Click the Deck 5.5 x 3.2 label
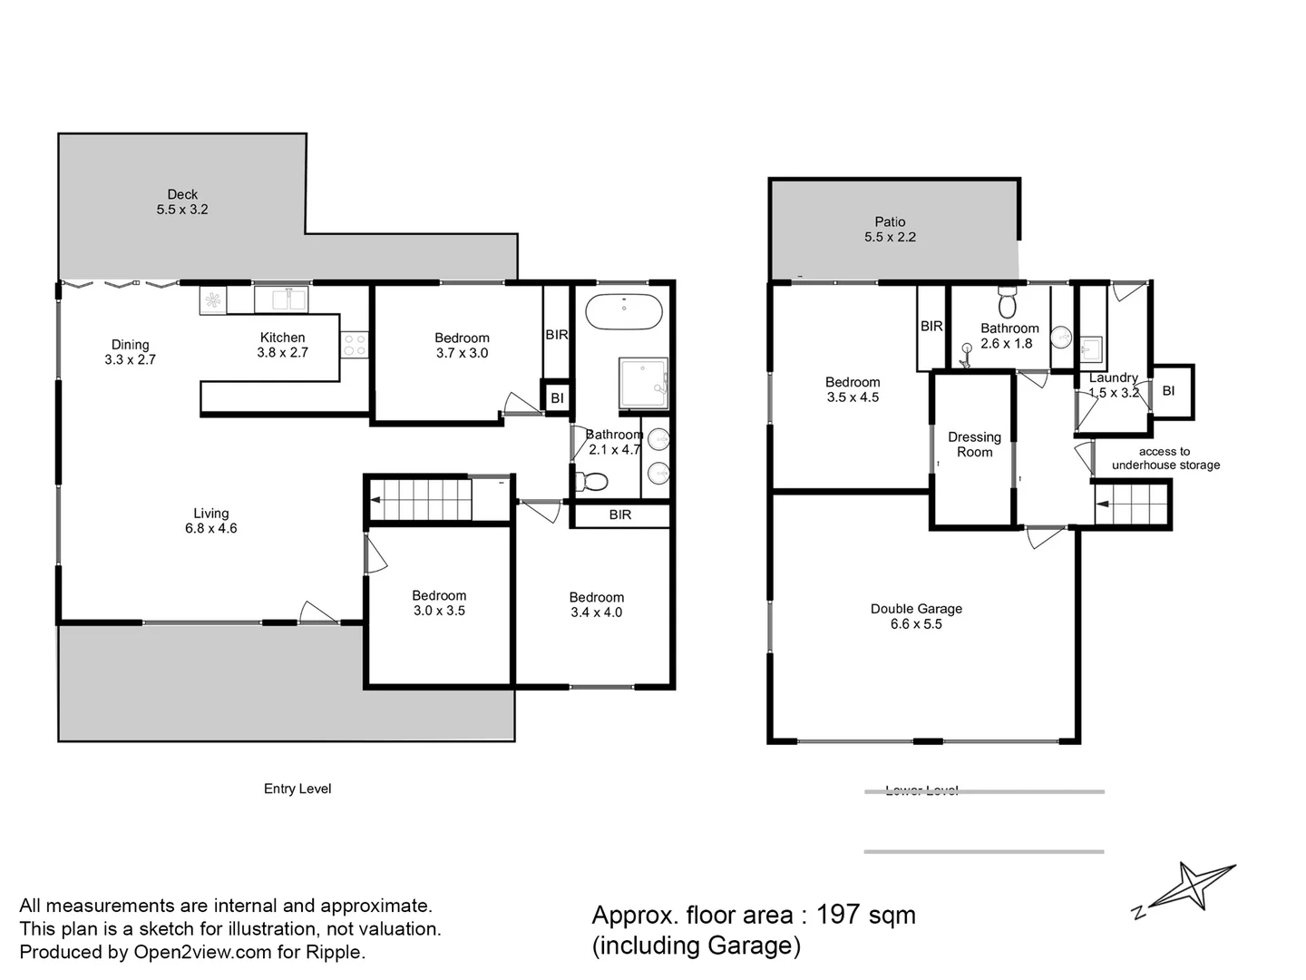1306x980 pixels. coord(182,201)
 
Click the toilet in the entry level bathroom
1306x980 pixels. coord(590,481)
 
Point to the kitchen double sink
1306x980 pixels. coord(282,298)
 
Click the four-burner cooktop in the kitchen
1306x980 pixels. coord(355,345)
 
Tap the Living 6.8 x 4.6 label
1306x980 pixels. coord(210,521)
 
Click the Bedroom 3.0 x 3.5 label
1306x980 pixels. coord(439,603)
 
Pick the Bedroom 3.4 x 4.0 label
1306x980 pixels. coord(596,604)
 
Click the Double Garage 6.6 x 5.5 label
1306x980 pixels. coord(916,616)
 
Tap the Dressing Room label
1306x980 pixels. coord(974,445)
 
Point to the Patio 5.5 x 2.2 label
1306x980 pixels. coord(890,229)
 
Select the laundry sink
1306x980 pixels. coord(1090,348)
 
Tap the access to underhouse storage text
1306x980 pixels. coord(1165,458)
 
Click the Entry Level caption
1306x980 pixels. coord(297,789)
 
